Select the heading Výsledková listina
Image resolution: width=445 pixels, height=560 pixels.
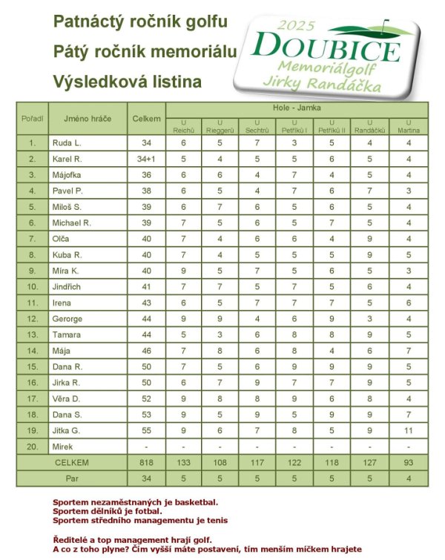[128, 82]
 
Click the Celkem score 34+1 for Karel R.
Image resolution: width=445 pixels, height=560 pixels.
[145, 159]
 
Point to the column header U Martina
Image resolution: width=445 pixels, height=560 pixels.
[409, 126]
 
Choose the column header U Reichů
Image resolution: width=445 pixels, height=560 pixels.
[183, 126]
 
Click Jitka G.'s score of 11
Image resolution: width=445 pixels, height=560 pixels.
[409, 431]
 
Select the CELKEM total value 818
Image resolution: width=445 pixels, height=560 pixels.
[145, 463]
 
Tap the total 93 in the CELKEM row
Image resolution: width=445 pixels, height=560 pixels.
[409, 463]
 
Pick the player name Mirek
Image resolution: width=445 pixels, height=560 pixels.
[63, 447]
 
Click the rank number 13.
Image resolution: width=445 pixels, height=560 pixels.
[32, 335]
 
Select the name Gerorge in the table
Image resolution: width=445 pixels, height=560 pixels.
[68, 318]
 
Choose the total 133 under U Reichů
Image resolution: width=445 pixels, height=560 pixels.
[183, 463]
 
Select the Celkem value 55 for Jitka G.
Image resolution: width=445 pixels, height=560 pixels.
[145, 431]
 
